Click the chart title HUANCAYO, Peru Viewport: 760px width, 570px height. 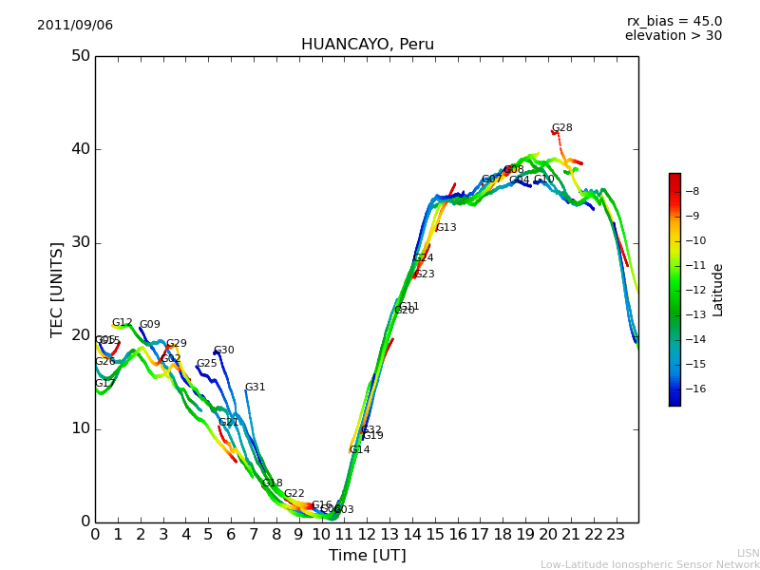[x=367, y=45]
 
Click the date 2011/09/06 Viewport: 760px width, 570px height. [x=75, y=26]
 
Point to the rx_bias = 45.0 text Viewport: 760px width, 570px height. [x=674, y=22]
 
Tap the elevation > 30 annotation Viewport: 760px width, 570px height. [x=674, y=36]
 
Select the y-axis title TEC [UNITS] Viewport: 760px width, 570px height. [x=58, y=289]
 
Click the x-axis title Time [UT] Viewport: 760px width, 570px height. [x=367, y=556]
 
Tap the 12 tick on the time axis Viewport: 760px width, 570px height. [x=367, y=534]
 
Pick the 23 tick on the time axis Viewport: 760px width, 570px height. [x=616, y=534]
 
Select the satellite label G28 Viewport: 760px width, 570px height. [x=562, y=128]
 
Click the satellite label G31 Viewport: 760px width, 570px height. [x=256, y=388]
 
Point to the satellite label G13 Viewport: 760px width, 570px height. [x=446, y=228]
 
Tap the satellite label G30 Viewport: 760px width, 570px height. [x=224, y=351]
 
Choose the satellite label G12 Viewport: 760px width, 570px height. [x=123, y=323]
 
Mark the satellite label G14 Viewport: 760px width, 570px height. [x=359, y=450]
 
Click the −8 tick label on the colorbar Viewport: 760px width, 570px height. [x=692, y=191]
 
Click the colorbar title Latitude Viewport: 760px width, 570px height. [x=718, y=290]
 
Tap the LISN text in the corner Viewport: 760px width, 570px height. [x=749, y=553]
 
